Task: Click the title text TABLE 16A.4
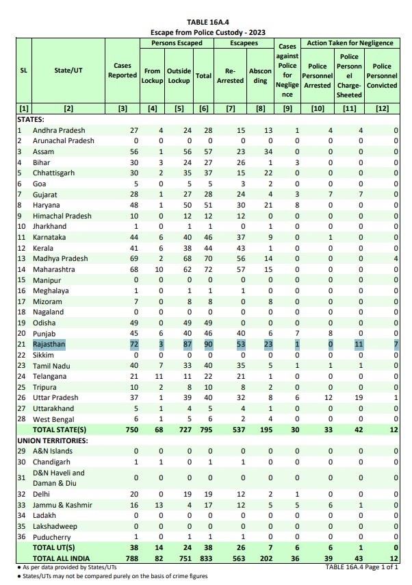[207, 23]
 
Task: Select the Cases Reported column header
[123, 71]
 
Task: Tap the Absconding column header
[261, 75]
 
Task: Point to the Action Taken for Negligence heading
[350, 42]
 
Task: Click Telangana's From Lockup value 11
[157, 376]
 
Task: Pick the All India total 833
[204, 558]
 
